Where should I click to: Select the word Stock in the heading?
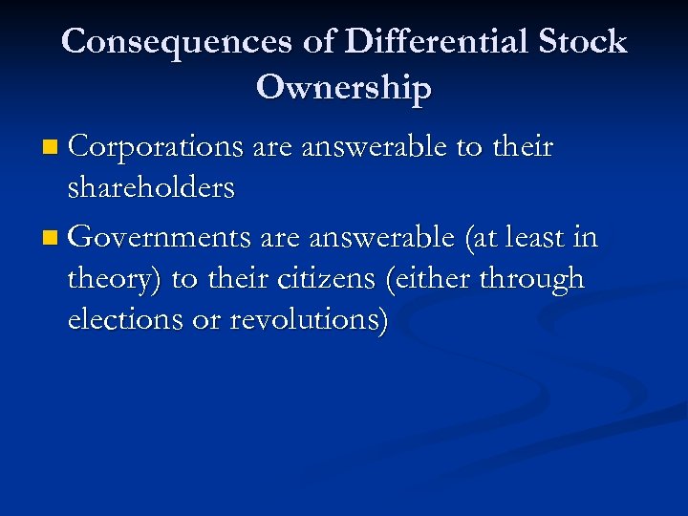point(582,42)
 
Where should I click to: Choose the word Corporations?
point(157,147)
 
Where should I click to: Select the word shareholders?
point(151,187)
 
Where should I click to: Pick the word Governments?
point(158,236)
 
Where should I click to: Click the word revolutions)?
point(310,320)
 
